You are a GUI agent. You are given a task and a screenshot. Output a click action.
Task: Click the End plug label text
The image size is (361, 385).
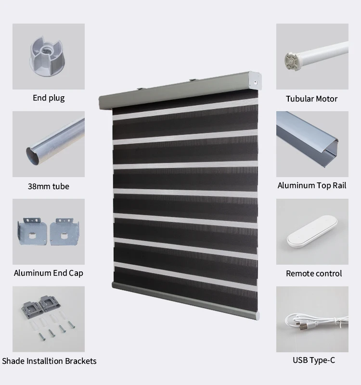[49, 98]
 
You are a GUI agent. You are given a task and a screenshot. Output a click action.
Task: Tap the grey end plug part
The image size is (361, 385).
[47, 56]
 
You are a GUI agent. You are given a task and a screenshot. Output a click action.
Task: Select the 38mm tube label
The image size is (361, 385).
[49, 186]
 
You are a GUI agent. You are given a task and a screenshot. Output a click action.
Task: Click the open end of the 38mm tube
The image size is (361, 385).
[33, 155]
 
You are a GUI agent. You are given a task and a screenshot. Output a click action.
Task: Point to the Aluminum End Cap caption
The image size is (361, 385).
[49, 273]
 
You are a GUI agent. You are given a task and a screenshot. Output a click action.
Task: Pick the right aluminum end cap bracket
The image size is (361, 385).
[64, 231]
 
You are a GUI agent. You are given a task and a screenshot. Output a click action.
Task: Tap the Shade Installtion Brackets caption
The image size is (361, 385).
[49, 361]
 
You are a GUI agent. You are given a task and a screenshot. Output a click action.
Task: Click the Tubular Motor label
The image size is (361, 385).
[311, 99]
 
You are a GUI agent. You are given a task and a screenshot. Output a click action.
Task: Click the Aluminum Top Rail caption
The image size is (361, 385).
[312, 185]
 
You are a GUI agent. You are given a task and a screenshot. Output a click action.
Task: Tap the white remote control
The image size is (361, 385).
[312, 231]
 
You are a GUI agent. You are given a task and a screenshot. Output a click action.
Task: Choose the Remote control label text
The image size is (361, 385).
[314, 273]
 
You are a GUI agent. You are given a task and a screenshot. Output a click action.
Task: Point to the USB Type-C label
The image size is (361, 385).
[314, 360]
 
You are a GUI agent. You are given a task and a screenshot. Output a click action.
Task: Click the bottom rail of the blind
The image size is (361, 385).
[185, 300]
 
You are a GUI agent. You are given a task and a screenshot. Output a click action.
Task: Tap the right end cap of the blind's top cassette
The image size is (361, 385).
[255, 80]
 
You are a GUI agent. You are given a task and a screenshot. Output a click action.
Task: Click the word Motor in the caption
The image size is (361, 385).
[327, 99]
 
